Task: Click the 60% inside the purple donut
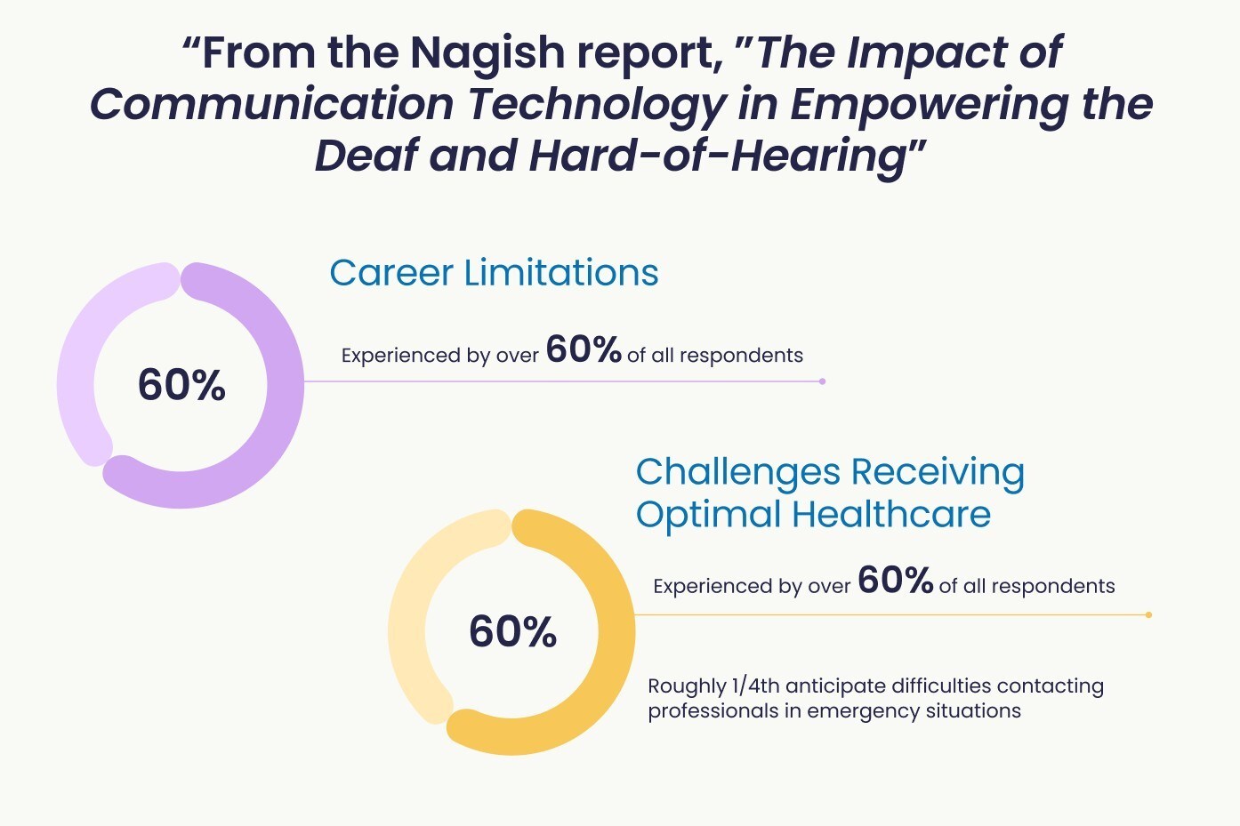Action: coord(181,385)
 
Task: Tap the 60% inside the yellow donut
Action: coord(512,631)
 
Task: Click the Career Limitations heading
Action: coord(494,273)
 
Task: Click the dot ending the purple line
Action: coord(822,381)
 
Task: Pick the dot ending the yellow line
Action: coord(1148,614)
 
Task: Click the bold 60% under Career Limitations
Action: coord(584,349)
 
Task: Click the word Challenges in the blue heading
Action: coord(737,472)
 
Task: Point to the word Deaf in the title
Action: coord(366,156)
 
